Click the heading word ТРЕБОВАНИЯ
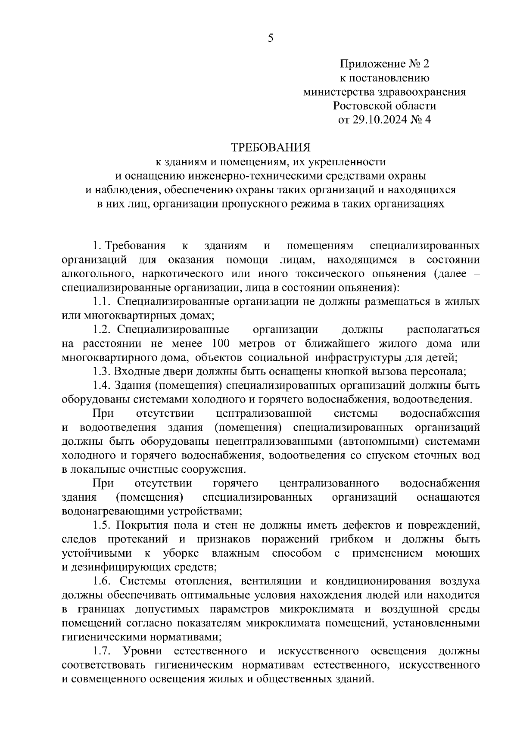pos(271,148)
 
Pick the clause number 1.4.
pos(103,385)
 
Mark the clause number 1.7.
pos(103,651)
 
